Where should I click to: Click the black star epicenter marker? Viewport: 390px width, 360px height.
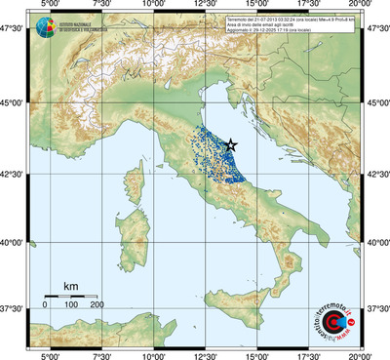click(x=231, y=144)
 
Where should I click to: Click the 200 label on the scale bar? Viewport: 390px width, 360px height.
click(x=97, y=305)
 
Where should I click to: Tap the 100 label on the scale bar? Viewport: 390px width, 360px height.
click(x=71, y=305)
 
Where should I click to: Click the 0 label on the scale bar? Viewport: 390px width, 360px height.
click(x=45, y=305)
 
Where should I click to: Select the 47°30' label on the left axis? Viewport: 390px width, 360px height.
click(x=14, y=30)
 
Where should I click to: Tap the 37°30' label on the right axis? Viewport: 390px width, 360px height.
click(x=376, y=308)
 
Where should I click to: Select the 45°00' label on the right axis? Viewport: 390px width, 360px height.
click(x=376, y=103)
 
